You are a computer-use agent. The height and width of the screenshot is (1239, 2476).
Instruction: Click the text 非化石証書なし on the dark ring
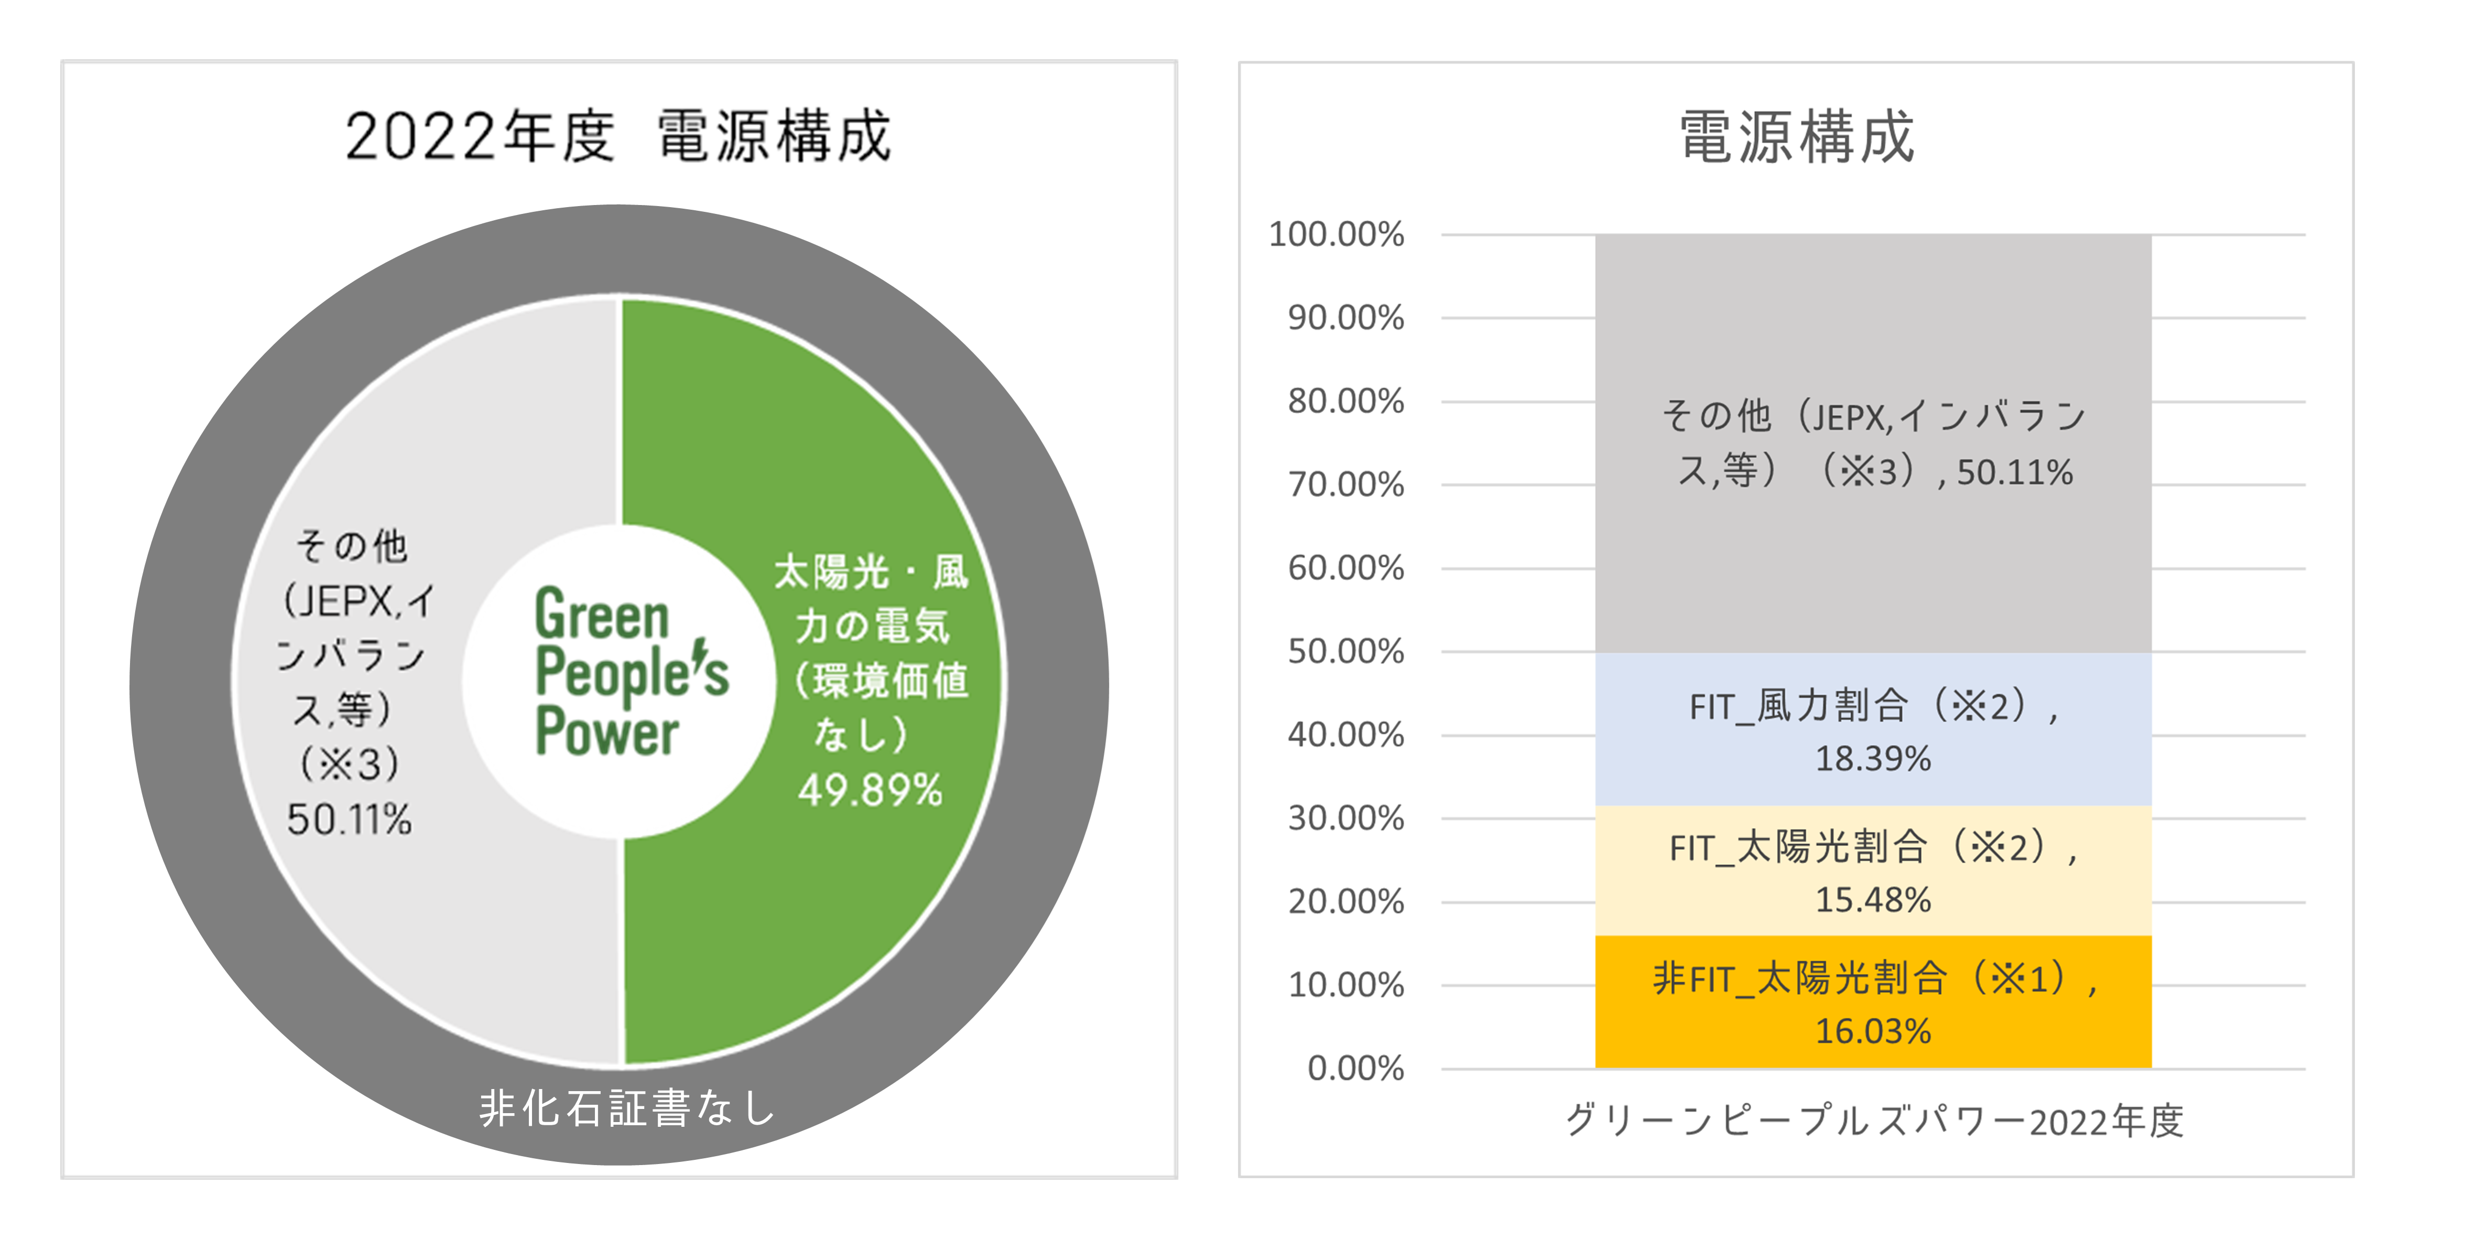click(627, 1108)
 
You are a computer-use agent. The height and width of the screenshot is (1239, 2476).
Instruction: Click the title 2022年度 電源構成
click(618, 136)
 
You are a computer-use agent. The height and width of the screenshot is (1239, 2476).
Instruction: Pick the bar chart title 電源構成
click(1796, 136)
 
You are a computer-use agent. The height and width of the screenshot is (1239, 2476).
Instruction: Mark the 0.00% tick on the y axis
click(1355, 1068)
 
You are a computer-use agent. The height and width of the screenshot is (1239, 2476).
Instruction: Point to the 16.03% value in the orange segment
click(1872, 1031)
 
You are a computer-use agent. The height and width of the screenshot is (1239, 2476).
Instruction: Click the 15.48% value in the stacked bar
click(1872, 900)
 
